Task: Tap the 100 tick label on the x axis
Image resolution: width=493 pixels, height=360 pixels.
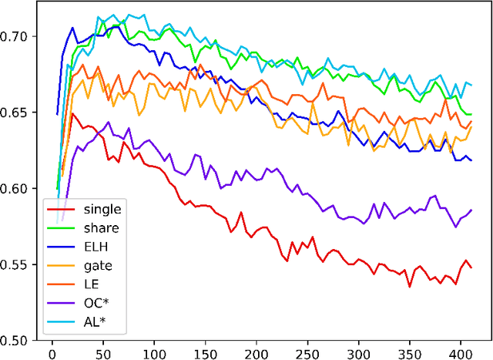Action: (154, 352)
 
